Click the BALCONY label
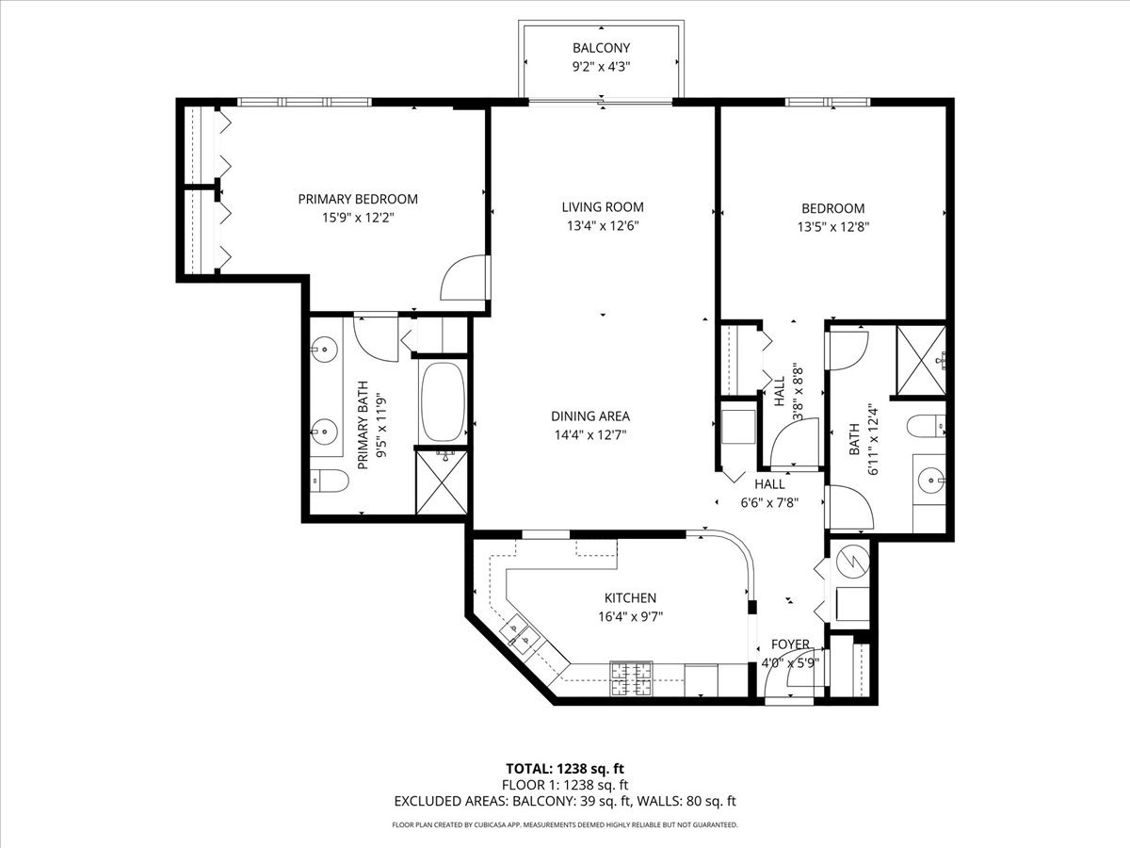point(602,48)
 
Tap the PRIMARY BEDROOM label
point(358,199)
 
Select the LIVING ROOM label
point(603,207)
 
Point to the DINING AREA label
point(590,416)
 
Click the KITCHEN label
point(630,597)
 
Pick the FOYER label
point(790,644)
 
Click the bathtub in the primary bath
point(443,401)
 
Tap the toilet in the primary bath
point(330,481)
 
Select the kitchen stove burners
point(631,678)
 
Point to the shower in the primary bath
point(442,482)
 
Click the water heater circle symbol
point(853,562)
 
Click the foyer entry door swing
point(787,676)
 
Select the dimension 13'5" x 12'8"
point(833,227)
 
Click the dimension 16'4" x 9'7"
point(630,616)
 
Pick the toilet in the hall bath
point(926,427)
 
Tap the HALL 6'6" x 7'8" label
point(769,493)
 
